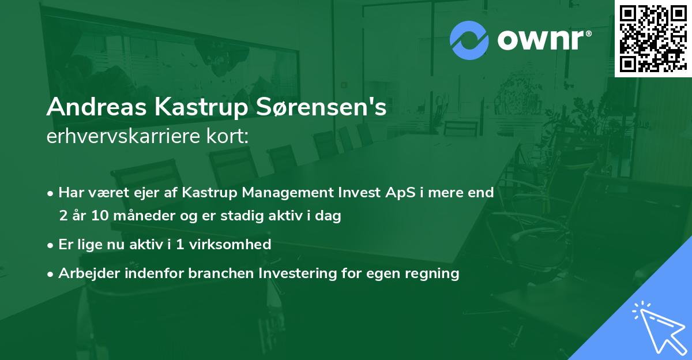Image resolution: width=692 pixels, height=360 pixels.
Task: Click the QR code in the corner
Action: [x=653, y=38]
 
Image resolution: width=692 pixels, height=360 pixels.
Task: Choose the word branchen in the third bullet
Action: [x=212, y=273]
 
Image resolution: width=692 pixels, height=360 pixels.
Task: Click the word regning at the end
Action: [x=434, y=273]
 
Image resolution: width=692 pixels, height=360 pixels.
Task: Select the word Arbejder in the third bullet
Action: [x=85, y=273]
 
